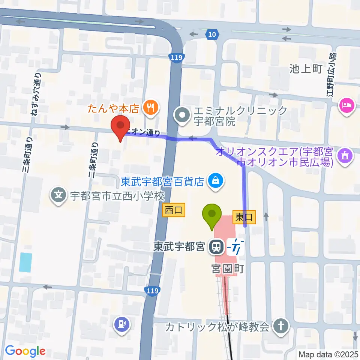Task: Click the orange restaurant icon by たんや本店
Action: (151, 108)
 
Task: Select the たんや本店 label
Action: (114, 108)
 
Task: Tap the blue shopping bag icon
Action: (216, 181)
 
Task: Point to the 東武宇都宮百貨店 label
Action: (162, 182)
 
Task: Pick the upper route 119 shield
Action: (176, 57)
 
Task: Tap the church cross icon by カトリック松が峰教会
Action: (280, 326)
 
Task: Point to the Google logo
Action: (25, 351)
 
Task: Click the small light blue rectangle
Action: (25, 262)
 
